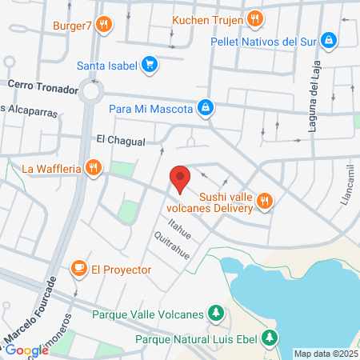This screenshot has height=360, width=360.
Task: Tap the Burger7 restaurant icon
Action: [x=103, y=25]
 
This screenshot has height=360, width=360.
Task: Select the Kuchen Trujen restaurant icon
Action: [x=254, y=18]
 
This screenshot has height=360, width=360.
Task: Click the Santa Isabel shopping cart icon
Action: [x=149, y=65]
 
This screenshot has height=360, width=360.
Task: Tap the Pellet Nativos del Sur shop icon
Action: [x=328, y=40]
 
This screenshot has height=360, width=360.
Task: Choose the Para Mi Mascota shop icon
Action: [x=206, y=106]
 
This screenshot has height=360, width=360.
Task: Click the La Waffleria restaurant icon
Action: [x=94, y=168]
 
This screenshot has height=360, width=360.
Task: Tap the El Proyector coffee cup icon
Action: [x=79, y=268]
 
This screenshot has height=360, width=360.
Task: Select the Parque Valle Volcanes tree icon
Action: [x=215, y=314]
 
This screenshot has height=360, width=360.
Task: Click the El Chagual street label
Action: [x=120, y=141]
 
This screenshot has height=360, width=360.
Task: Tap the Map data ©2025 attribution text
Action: [x=326, y=353]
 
